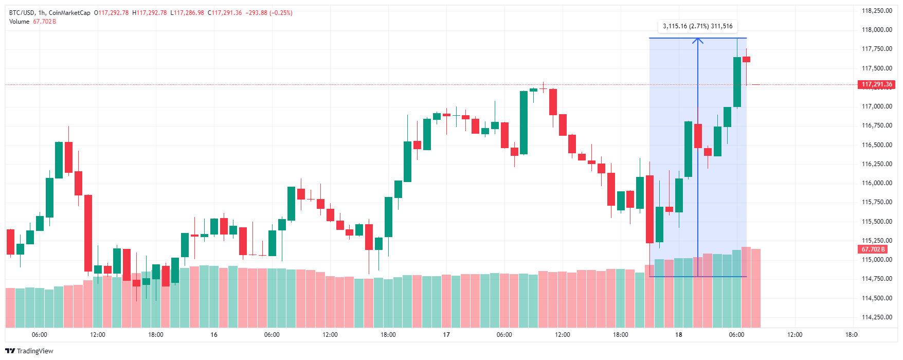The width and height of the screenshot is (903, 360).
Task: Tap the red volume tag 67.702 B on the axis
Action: pyautogui.click(x=873, y=249)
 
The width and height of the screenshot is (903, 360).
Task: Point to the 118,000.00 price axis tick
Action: pyautogui.click(x=877, y=30)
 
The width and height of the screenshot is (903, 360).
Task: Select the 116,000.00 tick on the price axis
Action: pyautogui.click(x=877, y=183)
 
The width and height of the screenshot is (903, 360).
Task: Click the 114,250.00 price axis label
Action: pyautogui.click(x=877, y=317)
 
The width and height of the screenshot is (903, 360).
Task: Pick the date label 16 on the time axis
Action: pyautogui.click(x=214, y=335)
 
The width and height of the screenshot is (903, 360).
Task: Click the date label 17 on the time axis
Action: pyautogui.click(x=446, y=335)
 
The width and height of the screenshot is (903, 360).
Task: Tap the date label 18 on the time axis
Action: pyautogui.click(x=679, y=335)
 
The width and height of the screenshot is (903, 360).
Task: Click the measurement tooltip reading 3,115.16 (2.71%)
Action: pyautogui.click(x=697, y=26)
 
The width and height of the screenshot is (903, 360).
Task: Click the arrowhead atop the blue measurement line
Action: pyautogui.click(x=698, y=40)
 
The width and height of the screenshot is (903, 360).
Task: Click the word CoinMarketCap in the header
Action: pyautogui.click(x=69, y=13)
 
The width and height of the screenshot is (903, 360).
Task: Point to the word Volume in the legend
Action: pyautogui.click(x=20, y=22)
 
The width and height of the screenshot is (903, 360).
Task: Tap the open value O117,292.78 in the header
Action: pyautogui.click(x=111, y=13)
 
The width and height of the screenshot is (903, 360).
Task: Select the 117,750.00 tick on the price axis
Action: pyautogui.click(x=877, y=49)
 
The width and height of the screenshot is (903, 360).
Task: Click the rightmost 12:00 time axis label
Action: pyautogui.click(x=794, y=335)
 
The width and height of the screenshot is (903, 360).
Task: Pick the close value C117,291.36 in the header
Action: pyautogui.click(x=225, y=13)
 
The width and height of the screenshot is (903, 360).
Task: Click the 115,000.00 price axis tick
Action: pyautogui.click(x=877, y=260)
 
